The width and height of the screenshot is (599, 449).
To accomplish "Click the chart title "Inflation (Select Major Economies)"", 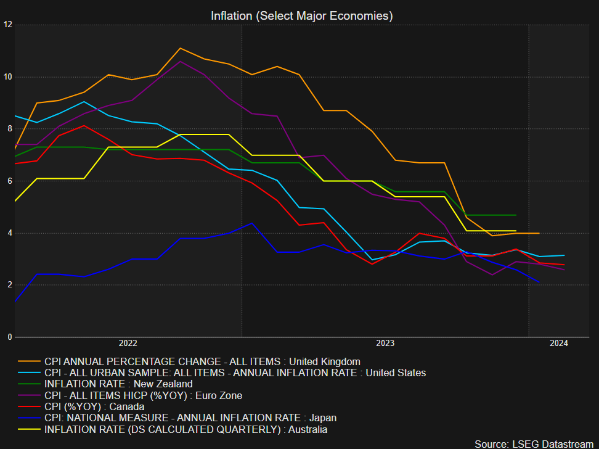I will [301, 16].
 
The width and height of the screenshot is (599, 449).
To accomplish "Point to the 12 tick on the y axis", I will [7, 25].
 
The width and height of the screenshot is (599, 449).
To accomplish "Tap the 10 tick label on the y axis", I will [7, 77].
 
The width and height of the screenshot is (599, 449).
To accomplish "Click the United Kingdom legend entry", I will [202, 361].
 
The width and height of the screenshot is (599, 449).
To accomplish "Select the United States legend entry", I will [235, 373].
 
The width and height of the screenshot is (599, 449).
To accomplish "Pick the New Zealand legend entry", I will [118, 384].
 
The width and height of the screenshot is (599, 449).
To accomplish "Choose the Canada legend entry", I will [94, 406].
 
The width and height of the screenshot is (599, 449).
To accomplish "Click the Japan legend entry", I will [190, 418].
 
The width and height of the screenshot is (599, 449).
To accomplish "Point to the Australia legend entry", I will [185, 429].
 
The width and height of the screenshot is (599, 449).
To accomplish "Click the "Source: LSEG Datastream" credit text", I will [534, 443].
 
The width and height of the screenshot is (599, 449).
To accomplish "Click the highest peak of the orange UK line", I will [180, 48].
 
